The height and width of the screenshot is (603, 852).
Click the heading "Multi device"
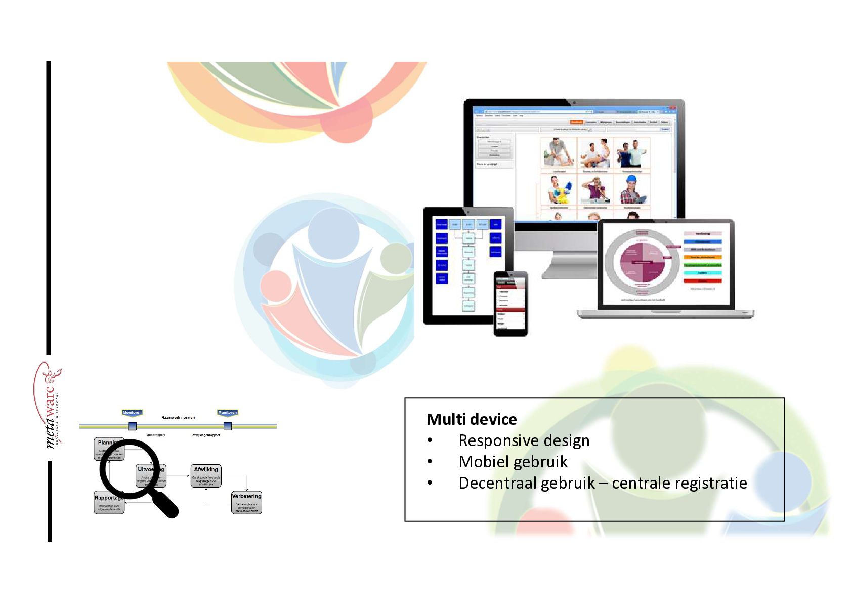pyautogui.click(x=472, y=419)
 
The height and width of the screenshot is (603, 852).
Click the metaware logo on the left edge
pyautogui.click(x=51, y=405)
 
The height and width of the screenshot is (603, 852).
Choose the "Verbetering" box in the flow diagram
pyautogui.click(x=246, y=503)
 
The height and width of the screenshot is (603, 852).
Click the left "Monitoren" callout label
pyautogui.click(x=132, y=413)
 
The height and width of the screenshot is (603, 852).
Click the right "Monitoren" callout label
pyautogui.click(x=227, y=413)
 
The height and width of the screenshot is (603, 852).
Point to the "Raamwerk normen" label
pyautogui.click(x=178, y=418)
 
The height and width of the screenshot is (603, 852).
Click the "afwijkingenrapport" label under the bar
pyautogui.click(x=206, y=435)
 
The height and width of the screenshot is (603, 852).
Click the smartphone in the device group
pyautogui.click(x=510, y=304)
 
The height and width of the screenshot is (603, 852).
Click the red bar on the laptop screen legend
pyautogui.click(x=703, y=281)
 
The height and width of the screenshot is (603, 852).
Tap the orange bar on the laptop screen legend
pyautogui.click(x=703, y=257)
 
